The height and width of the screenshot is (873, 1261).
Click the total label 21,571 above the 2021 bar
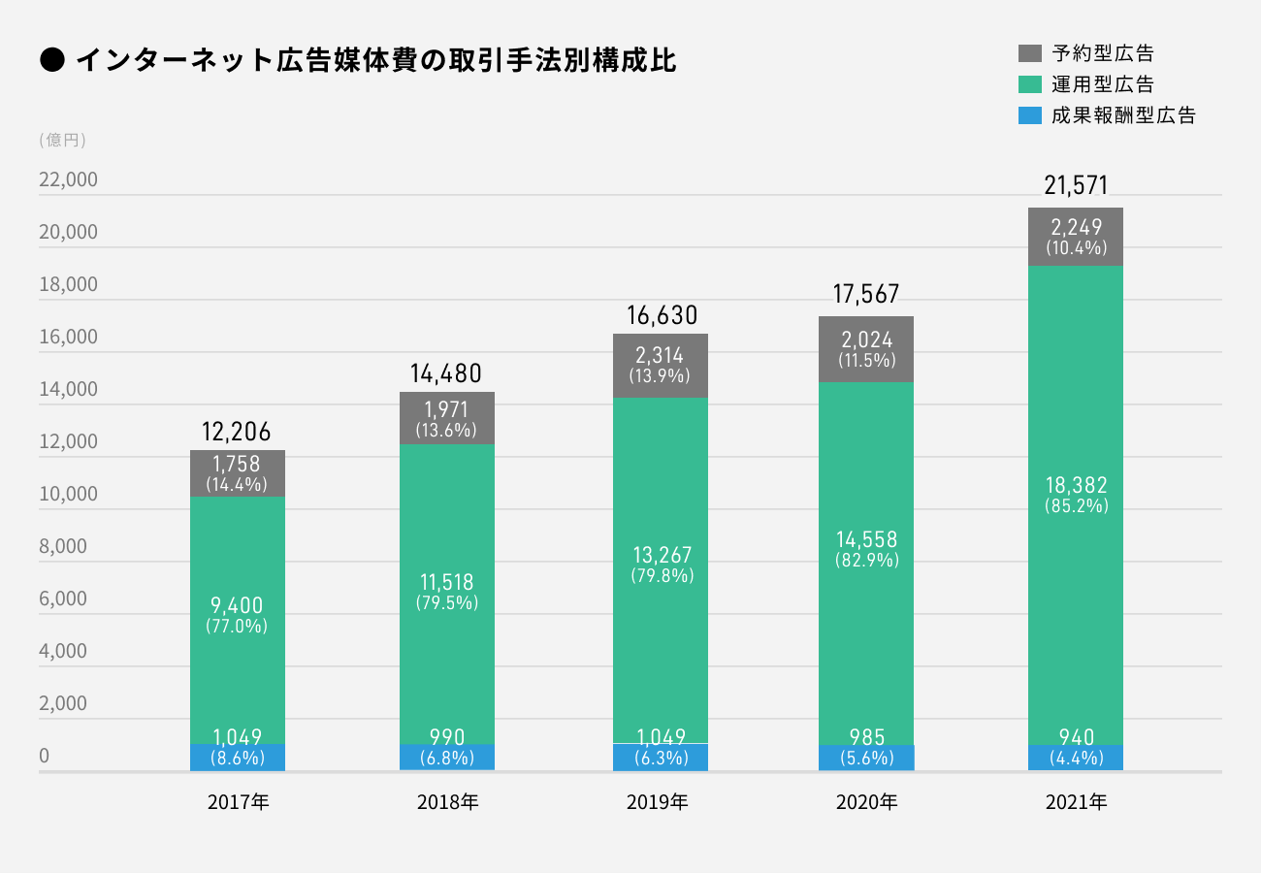click(x=1076, y=185)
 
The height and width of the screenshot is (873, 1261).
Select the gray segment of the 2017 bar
click(x=237, y=473)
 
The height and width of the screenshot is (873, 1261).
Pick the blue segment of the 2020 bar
click(x=866, y=758)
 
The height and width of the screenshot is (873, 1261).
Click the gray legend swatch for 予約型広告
click(x=1029, y=52)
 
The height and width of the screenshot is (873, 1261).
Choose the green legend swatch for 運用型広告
click(x=1029, y=83)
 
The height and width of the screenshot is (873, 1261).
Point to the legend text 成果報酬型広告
click(x=1123, y=115)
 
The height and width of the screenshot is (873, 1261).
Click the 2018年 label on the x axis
click(x=447, y=803)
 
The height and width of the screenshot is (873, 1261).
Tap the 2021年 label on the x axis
click(x=1076, y=803)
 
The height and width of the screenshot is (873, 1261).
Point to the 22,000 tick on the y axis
click(x=68, y=180)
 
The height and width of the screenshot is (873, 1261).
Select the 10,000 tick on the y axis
click(x=68, y=494)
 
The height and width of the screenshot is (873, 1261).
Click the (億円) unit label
click(x=63, y=140)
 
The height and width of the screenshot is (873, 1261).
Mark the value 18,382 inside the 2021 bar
click(x=1076, y=485)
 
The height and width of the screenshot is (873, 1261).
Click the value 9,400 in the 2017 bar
click(x=237, y=605)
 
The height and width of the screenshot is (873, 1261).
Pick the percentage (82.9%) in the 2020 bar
click(x=866, y=561)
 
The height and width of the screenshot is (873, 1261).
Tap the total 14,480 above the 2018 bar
click(x=447, y=373)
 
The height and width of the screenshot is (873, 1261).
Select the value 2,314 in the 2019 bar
click(x=660, y=356)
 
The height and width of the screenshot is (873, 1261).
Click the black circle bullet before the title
click(x=52, y=60)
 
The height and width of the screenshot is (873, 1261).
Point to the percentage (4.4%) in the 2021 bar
click(x=1076, y=759)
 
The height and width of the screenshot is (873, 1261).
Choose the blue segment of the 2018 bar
click(x=447, y=758)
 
